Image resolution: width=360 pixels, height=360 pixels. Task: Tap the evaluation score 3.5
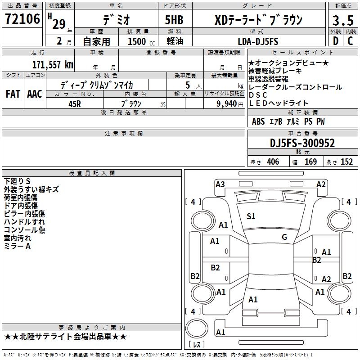[342, 21]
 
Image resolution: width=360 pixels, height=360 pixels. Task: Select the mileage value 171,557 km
[53, 64]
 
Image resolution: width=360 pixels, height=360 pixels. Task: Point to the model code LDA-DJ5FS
[257, 42]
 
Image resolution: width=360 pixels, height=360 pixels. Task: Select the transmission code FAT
[13, 94]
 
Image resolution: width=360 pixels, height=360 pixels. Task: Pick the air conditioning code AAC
[34, 94]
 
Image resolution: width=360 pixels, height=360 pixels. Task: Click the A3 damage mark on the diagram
[220, 184]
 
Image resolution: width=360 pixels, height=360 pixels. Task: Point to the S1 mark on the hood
[251, 216]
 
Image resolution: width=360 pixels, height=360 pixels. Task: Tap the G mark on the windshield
[284, 237]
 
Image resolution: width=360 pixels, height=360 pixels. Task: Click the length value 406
[273, 162]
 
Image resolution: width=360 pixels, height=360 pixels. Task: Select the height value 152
[346, 162]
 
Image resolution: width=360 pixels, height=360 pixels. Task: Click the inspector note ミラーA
[17, 246]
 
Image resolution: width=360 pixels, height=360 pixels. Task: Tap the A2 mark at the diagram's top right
[321, 184]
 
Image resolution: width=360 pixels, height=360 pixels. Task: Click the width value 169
[310, 162]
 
